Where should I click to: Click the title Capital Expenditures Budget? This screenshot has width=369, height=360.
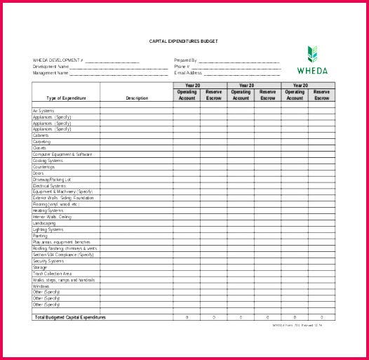coord(183,41)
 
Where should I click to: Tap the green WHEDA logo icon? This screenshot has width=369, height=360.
coord(312,54)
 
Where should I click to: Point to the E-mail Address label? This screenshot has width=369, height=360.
coord(188,73)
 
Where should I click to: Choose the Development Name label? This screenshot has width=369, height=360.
coord(51,67)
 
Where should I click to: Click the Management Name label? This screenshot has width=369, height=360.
coord(51,73)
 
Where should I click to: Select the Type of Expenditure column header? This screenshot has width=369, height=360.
coord(65,98)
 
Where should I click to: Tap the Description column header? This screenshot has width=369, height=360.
coord(137,98)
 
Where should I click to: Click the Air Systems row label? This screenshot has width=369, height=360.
coord(43,111)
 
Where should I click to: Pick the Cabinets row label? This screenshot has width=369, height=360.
coord(41,135)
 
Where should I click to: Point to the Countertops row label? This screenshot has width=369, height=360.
coord(43,167)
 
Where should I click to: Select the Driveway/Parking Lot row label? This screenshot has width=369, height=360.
coord(51,180)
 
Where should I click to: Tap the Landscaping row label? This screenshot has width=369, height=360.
coord(44,223)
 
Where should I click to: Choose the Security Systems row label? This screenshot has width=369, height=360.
coord(48,261)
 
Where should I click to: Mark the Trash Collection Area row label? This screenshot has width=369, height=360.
coord(52,274)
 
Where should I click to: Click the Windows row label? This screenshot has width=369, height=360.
coord(41,286)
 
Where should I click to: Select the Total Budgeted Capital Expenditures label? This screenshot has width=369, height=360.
coord(69,318)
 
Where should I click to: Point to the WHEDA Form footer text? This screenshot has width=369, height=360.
coord(297,325)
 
